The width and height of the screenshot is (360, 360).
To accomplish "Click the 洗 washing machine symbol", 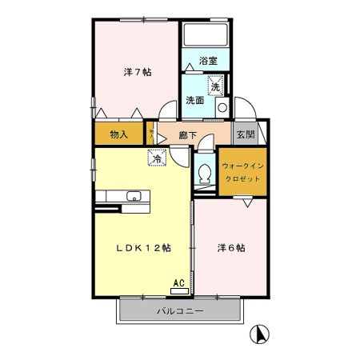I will [215, 84].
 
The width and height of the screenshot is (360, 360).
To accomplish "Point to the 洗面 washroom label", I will [194, 101].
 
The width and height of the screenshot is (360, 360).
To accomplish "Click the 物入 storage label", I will [118, 134].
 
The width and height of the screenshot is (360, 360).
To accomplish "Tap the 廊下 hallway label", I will [188, 136].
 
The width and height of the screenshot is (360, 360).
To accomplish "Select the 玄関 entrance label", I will [245, 134].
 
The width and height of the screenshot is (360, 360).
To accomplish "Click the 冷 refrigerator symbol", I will [158, 158].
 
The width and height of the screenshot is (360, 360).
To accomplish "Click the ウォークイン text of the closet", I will [242, 166].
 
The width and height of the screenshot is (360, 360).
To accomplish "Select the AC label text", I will [180, 281].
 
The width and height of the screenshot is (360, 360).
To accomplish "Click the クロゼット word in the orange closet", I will [242, 180].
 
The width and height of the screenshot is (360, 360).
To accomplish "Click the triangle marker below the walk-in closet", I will [247, 204].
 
